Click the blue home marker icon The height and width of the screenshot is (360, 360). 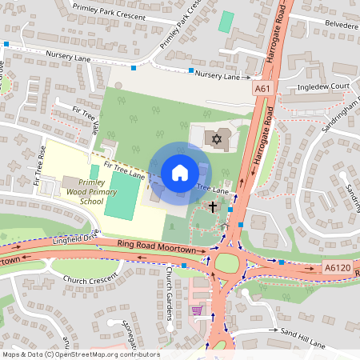[179, 173]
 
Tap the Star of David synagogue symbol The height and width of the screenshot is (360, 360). [215, 140]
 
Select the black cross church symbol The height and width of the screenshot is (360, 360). [213, 207]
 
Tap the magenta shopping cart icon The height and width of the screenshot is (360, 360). [197, 310]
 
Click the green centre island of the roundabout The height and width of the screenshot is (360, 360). [227, 264]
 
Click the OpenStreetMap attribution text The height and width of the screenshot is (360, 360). [80, 354]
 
